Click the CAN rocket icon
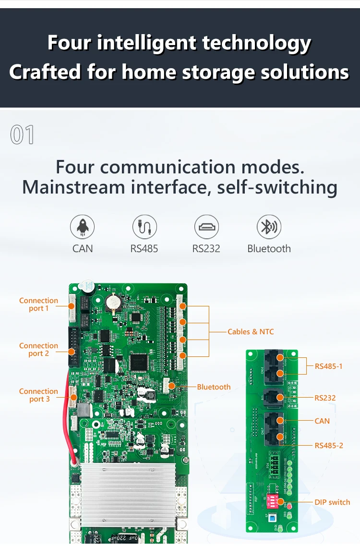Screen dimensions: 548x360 83,227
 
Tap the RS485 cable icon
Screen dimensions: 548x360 144,227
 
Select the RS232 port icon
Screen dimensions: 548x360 206,227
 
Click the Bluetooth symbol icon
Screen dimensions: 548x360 269,227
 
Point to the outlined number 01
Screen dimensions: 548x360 23,135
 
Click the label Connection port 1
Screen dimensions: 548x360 38,304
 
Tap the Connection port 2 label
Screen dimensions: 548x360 38,350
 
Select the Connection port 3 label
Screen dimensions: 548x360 38,395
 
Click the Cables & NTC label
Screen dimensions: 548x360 251,332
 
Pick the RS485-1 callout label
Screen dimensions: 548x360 328,366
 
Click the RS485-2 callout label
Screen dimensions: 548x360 329,446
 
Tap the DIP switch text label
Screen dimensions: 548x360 332,502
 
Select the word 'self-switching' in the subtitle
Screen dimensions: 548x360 277,187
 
